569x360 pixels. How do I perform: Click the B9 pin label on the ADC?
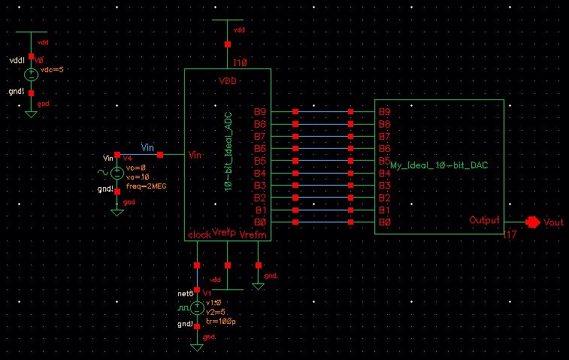pos(260,112)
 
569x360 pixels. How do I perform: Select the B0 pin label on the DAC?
pos(385,222)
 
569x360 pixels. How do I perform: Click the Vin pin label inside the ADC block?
pos(195,155)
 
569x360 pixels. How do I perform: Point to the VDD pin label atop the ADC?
pos(229,80)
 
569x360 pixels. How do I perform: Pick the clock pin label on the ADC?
pos(199,234)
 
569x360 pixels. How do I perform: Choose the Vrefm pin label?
pos(253,235)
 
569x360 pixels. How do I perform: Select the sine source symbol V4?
pos(117,172)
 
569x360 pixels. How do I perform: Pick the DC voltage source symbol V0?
pos(31,75)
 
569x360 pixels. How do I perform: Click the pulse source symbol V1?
pos(197,307)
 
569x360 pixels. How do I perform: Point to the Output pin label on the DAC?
pos(484,220)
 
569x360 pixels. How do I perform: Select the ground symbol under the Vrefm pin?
pos(258,286)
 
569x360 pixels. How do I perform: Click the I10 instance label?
pos(241,62)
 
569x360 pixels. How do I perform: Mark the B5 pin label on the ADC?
pos(260,161)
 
